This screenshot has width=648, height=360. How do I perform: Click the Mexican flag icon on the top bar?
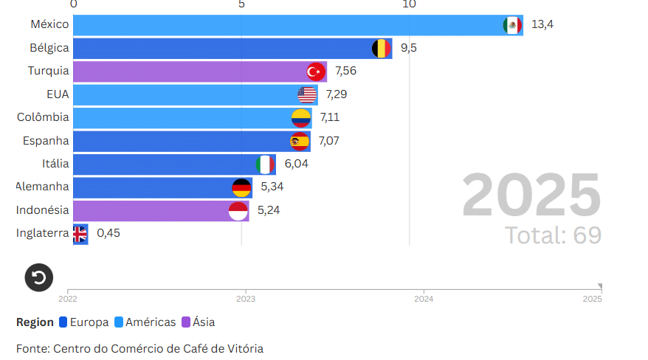(512, 25)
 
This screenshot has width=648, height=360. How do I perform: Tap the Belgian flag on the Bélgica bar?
(381, 49)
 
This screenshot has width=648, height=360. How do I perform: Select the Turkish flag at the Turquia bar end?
(316, 72)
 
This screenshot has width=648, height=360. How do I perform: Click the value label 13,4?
(542, 24)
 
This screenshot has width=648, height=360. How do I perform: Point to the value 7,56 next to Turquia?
(346, 71)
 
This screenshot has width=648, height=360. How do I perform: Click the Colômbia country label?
(43, 117)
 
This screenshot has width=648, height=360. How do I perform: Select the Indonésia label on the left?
(43, 210)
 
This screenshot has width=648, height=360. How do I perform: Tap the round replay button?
(39, 277)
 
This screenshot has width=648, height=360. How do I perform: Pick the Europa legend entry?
(83, 322)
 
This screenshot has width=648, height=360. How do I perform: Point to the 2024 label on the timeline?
(424, 299)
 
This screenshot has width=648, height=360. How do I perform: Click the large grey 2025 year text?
(531, 196)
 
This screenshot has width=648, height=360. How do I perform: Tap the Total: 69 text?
(553, 235)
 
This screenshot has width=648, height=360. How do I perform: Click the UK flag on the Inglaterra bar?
(79, 234)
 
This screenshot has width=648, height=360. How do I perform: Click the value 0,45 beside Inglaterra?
(108, 233)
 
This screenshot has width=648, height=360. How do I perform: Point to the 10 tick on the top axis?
(409, 4)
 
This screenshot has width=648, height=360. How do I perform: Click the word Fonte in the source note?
(32, 348)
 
